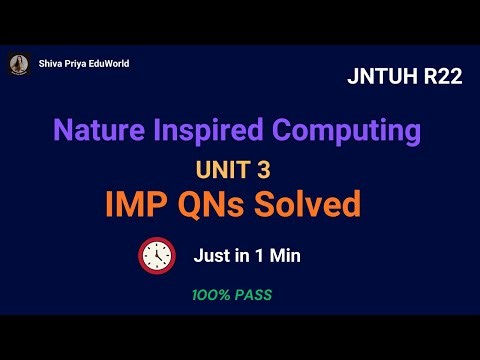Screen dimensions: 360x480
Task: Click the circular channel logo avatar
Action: click(18, 65)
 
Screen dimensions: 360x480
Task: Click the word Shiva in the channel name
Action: click(49, 65)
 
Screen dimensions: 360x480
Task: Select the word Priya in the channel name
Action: click(73, 65)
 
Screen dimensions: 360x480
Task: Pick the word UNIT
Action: click(226, 169)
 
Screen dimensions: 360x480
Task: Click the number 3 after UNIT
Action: click(263, 169)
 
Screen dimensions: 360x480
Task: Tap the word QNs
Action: click(218, 206)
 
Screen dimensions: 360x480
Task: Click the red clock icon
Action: click(156, 256)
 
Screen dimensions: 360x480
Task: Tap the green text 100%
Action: click(212, 296)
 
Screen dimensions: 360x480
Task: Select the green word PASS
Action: click(254, 296)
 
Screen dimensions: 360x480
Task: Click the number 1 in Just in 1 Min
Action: click(258, 256)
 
